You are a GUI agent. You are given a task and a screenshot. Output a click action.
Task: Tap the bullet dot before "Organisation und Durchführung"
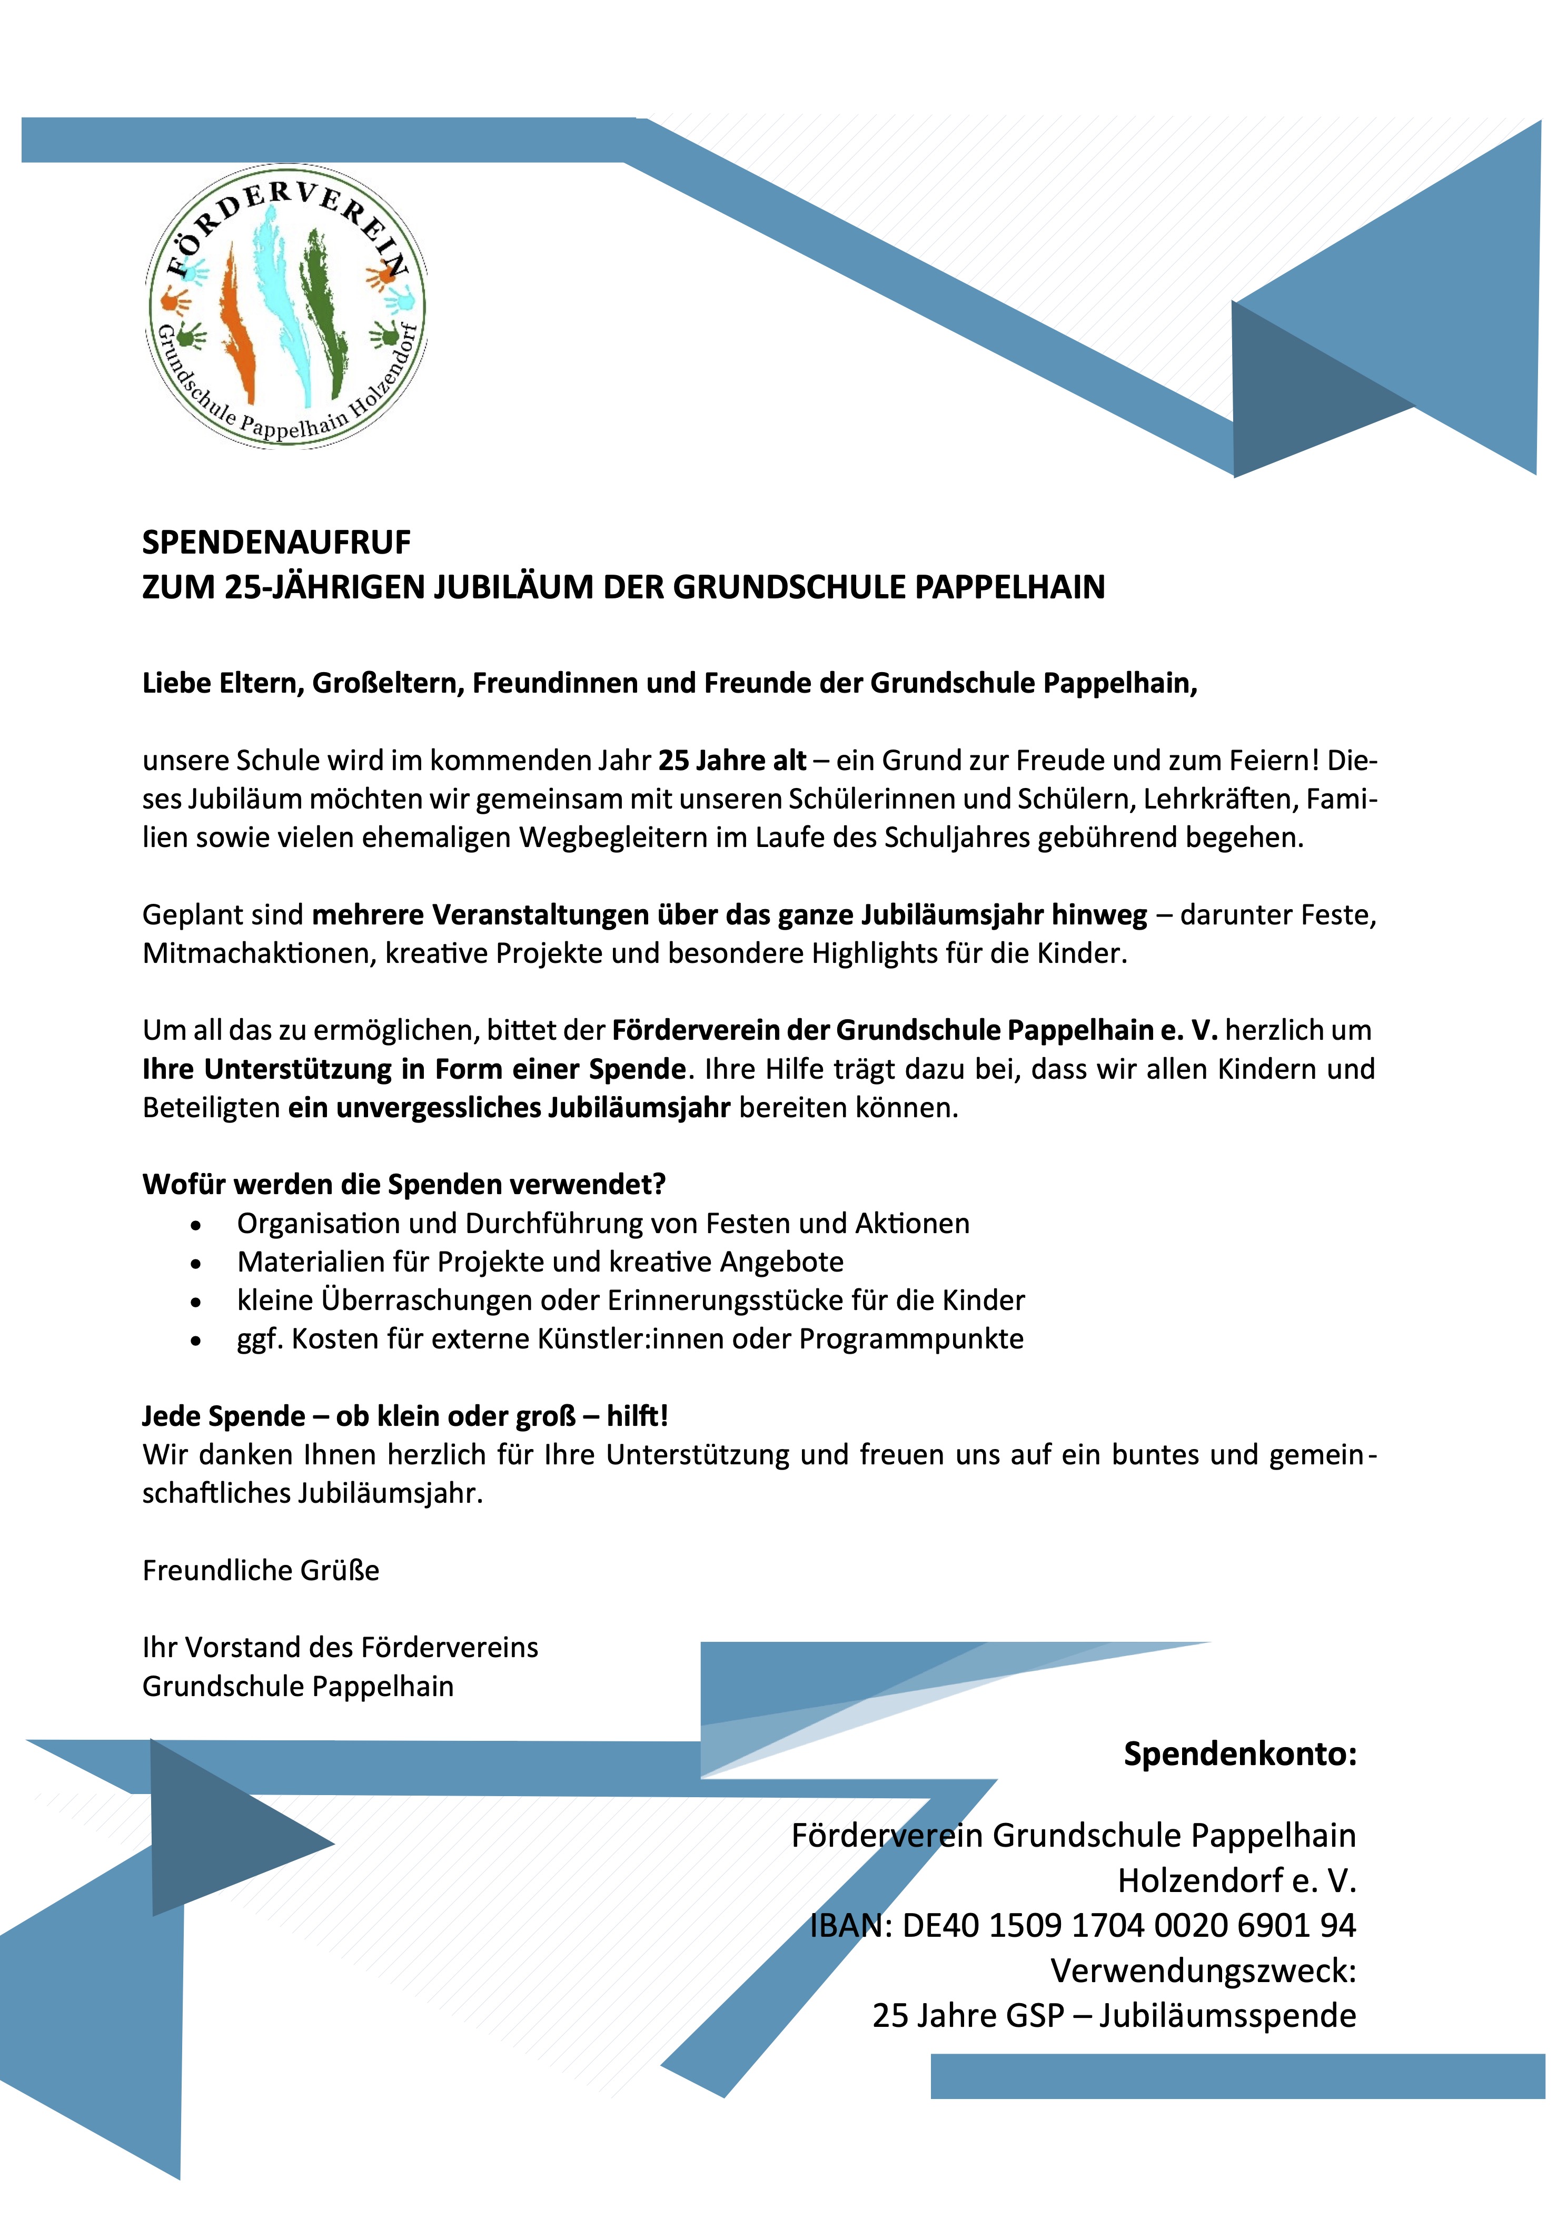(196, 1225)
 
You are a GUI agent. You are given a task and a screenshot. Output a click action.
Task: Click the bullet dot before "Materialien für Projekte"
(196, 1264)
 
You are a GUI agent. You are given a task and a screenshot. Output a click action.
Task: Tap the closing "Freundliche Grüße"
(261, 1571)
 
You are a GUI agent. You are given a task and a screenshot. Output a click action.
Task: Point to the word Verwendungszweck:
(1203, 1971)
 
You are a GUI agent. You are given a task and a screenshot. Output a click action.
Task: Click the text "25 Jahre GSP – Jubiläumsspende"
(1114, 2016)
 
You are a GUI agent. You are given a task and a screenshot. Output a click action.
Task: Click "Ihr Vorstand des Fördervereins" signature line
(340, 1647)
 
